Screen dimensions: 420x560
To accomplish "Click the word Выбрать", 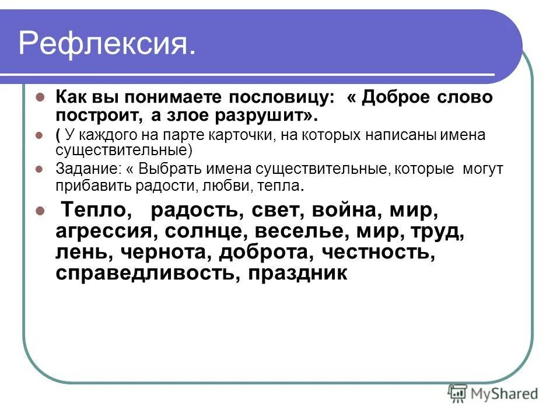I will tap(171, 170).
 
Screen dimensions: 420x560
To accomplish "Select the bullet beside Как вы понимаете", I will tap(40, 96).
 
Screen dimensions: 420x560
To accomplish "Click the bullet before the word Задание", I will tap(40, 169).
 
